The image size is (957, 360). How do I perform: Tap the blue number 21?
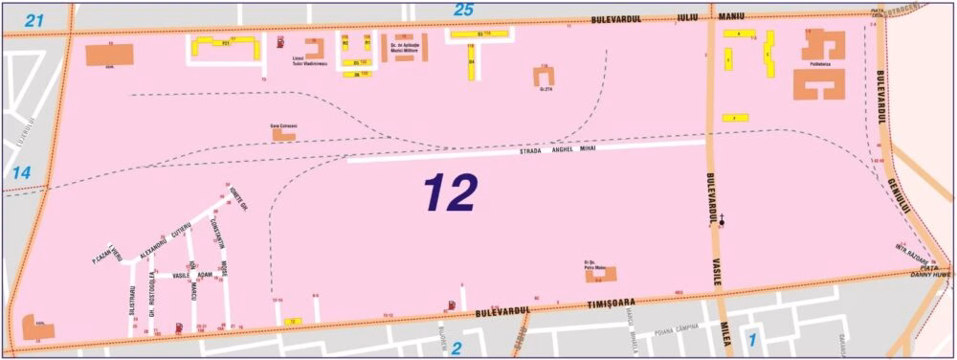tap(35, 20)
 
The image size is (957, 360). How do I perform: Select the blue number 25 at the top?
tap(463, 11)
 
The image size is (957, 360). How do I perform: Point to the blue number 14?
tap(22, 172)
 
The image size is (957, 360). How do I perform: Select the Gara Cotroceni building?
tap(284, 135)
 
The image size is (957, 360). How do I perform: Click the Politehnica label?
tap(816, 65)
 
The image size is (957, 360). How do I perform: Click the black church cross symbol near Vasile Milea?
tap(723, 221)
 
